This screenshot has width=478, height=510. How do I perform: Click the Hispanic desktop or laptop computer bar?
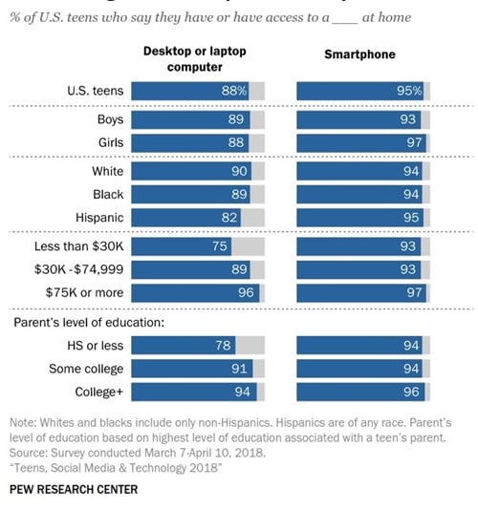pyautogui.click(x=186, y=218)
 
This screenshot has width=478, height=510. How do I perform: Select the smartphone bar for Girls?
pyautogui.click(x=360, y=142)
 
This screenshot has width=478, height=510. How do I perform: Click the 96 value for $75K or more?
pyautogui.click(x=247, y=292)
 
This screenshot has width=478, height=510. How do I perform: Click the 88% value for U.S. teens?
pyautogui.click(x=237, y=92)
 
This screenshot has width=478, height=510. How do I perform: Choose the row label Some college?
pyautogui.click(x=85, y=368)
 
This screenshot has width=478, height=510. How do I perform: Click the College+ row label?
pyautogui.click(x=97, y=391)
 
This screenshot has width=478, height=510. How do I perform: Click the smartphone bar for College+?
pyautogui.click(x=360, y=391)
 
